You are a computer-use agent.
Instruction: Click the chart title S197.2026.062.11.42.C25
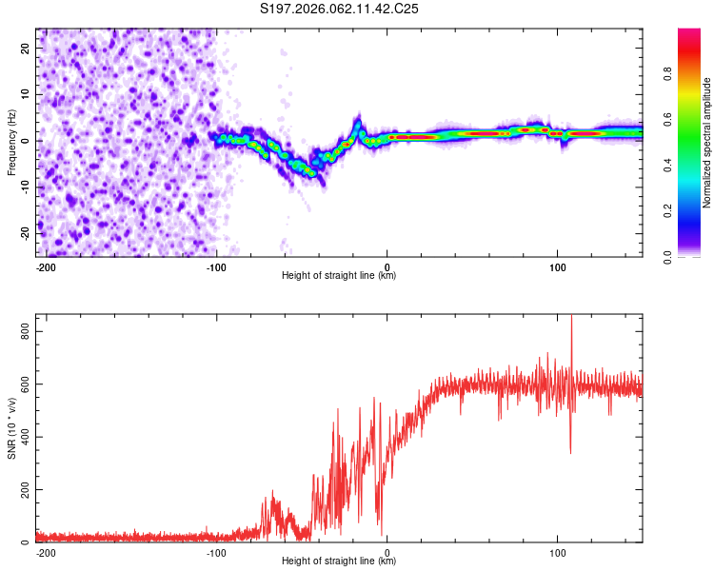(x=340, y=9)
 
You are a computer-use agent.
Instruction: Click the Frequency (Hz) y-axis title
(x=11, y=142)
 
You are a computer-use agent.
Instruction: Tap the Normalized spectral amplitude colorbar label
(x=706, y=143)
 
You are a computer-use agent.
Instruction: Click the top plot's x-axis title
(x=339, y=275)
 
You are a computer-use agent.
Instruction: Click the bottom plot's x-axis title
(x=339, y=561)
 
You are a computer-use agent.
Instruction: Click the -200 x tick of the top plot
(x=46, y=266)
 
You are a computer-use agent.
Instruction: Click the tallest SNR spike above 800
(x=571, y=318)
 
